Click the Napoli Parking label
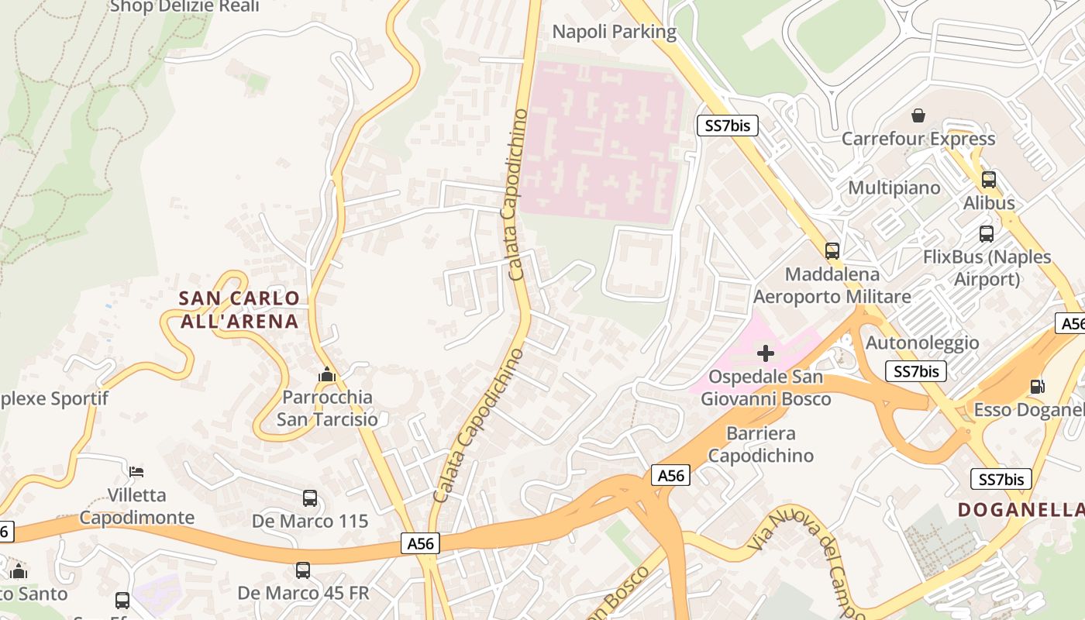click(x=614, y=32)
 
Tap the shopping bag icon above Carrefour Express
click(x=918, y=115)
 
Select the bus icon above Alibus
click(x=989, y=180)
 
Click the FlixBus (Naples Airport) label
click(x=987, y=267)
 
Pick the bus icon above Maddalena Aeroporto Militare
click(x=832, y=251)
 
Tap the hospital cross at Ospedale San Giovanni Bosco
click(x=766, y=354)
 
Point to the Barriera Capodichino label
click(x=761, y=444)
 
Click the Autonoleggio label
click(x=922, y=343)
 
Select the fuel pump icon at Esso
click(x=1037, y=386)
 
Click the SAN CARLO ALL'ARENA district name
click(x=239, y=309)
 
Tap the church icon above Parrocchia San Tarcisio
click(x=327, y=375)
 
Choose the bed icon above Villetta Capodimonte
click(x=136, y=471)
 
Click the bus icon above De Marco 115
click(x=310, y=498)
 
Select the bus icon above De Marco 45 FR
click(x=303, y=570)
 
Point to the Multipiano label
click(x=894, y=188)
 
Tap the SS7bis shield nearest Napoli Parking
click(x=727, y=126)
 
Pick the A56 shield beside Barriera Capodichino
click(x=670, y=475)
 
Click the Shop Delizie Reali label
click(x=184, y=7)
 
